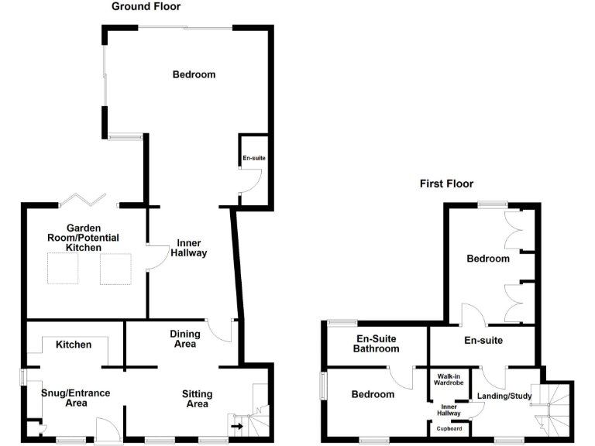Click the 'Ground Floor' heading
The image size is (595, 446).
pos(146,7)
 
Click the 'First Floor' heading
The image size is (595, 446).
pos(446,184)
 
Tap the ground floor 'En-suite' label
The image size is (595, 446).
pos(254,158)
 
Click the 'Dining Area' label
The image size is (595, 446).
pos(184,339)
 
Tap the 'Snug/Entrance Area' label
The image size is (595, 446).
pos(76,398)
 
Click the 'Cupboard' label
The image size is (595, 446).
pos(449,428)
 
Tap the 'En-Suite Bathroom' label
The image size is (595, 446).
pos(377,344)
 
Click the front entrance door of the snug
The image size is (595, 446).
pos(105,431)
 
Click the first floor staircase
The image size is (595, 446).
pos(554,407)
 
